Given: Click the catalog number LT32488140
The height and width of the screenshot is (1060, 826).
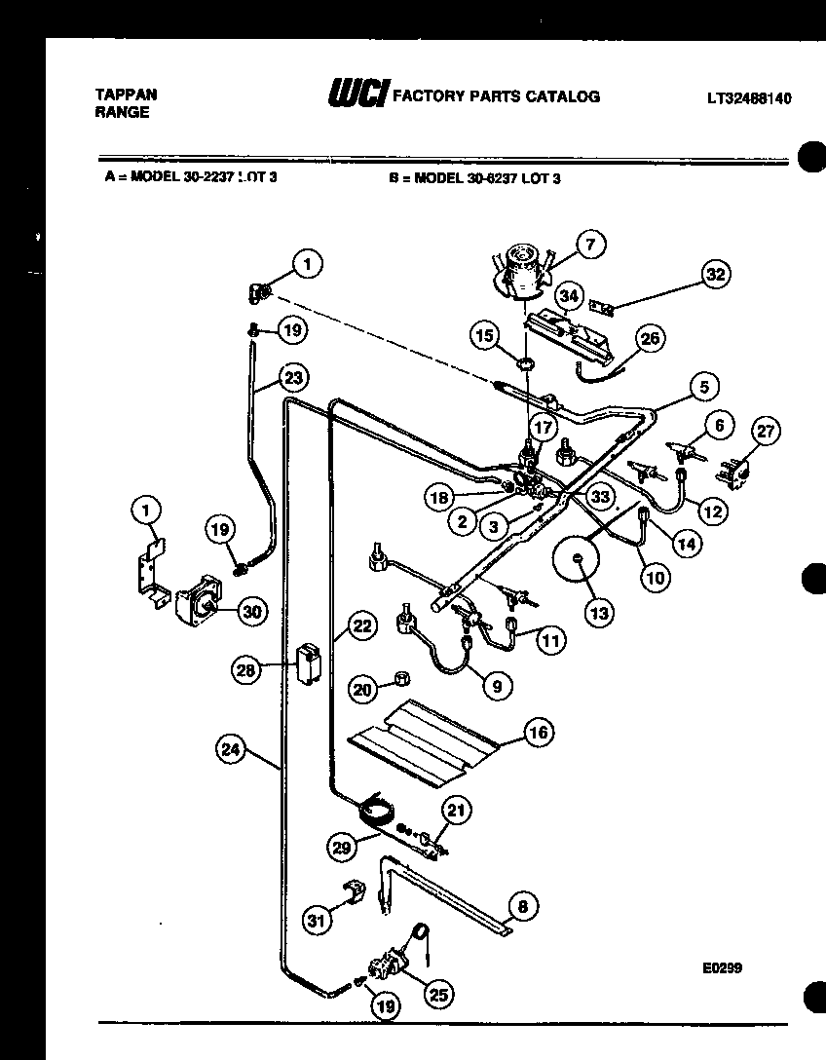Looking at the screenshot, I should [748, 97].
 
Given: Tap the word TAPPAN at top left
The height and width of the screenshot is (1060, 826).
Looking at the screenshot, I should [126, 95].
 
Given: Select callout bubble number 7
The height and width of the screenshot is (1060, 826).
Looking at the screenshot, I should [589, 246].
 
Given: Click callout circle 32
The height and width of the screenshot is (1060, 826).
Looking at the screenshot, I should [716, 275].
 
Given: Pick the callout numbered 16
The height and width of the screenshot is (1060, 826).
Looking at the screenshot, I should [539, 732].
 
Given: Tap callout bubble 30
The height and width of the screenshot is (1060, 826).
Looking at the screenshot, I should [251, 611].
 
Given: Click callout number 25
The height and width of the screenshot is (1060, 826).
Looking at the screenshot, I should [438, 994].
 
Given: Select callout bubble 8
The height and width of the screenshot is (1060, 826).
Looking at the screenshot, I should [522, 907].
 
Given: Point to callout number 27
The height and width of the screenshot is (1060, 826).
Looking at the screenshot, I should [768, 433].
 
